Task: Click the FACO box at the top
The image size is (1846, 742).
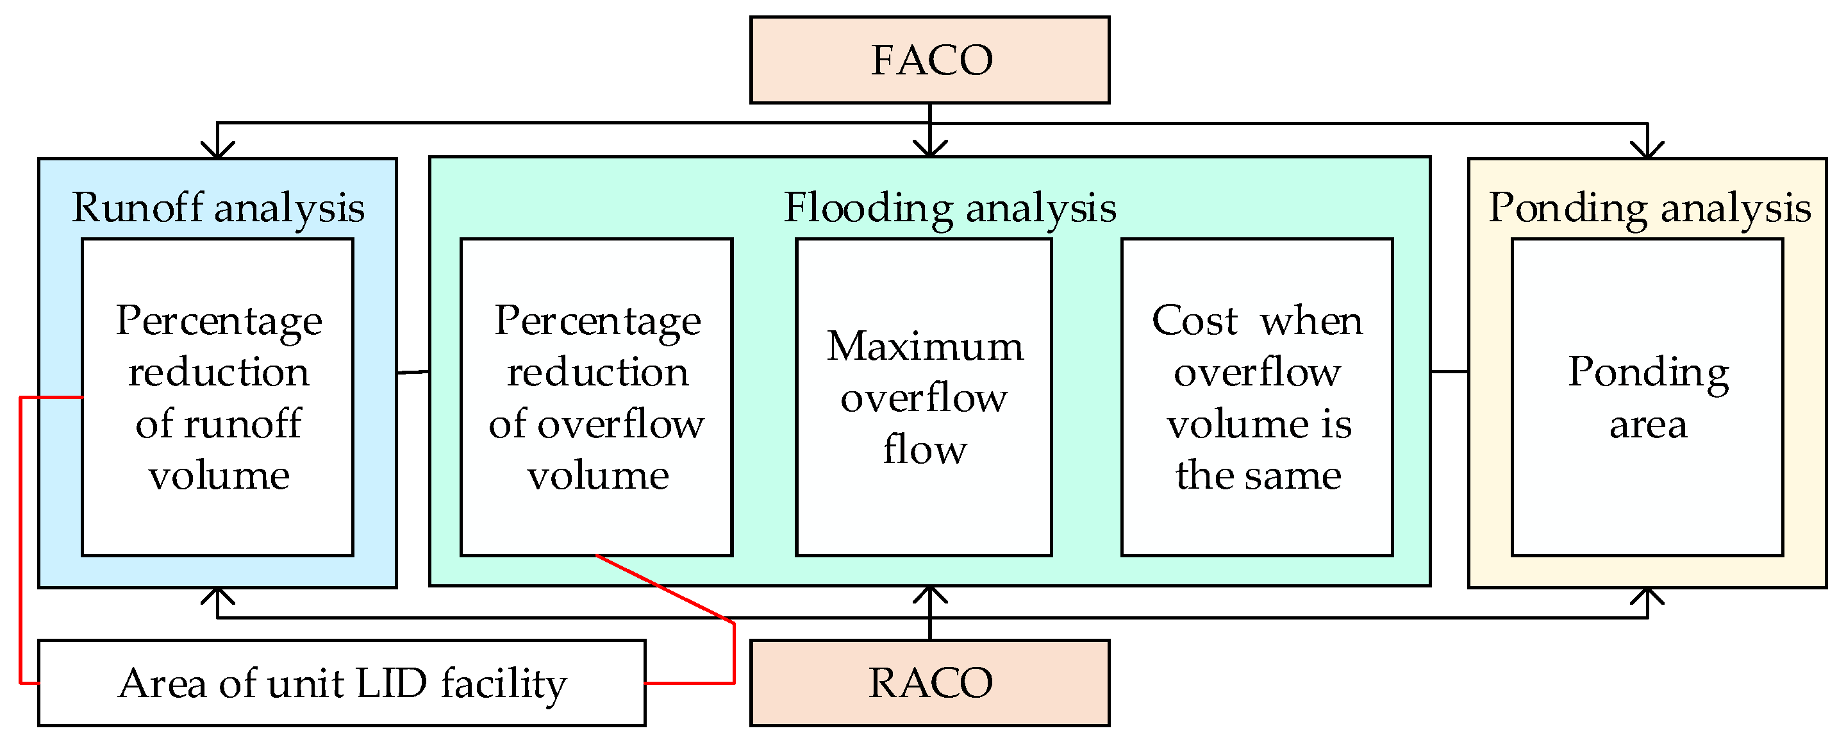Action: click(x=929, y=60)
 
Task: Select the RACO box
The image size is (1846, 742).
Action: click(x=929, y=682)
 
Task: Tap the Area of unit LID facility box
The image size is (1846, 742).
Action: click(x=342, y=682)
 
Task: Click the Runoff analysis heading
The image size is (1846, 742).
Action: click(x=218, y=208)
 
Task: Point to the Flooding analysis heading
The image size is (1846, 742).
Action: click(x=949, y=208)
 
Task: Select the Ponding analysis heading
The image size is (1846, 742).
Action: click(x=1650, y=208)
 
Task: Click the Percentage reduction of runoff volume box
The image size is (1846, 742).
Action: click(x=218, y=397)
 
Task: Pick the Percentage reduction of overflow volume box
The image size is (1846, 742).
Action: click(x=596, y=397)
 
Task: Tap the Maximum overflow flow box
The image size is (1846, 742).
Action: click(x=924, y=397)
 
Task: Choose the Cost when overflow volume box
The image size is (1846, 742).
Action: click(x=1257, y=397)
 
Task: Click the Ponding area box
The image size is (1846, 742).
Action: click(x=1647, y=397)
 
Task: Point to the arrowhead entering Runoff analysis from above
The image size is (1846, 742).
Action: click(x=218, y=150)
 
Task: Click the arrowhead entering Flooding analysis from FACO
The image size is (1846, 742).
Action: click(x=929, y=148)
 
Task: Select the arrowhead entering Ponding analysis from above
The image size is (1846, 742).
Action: click(x=1647, y=150)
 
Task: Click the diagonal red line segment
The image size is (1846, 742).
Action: click(x=665, y=589)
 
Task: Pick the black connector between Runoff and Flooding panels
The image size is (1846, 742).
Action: click(x=413, y=372)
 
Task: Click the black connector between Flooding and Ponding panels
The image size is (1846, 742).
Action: click(x=1449, y=371)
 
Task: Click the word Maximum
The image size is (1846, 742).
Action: click(x=925, y=346)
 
